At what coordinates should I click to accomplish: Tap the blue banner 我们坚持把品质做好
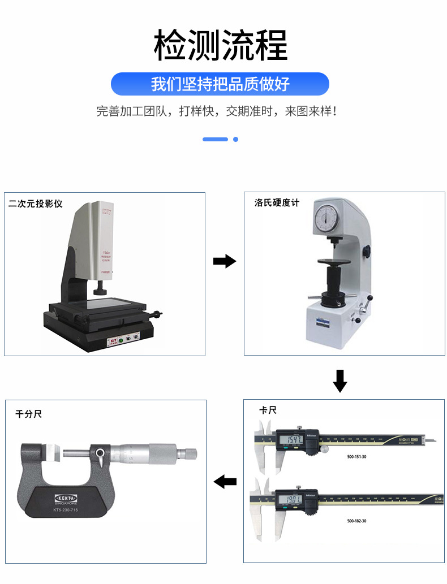pyautogui.click(x=220, y=84)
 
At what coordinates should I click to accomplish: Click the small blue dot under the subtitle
pyautogui.click(x=236, y=139)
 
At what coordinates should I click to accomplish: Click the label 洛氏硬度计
pyautogui.click(x=277, y=202)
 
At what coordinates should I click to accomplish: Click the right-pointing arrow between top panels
pyautogui.click(x=224, y=261)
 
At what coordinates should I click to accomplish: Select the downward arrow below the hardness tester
pyautogui.click(x=339, y=380)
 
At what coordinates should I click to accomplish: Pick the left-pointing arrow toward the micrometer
pyautogui.click(x=225, y=482)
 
